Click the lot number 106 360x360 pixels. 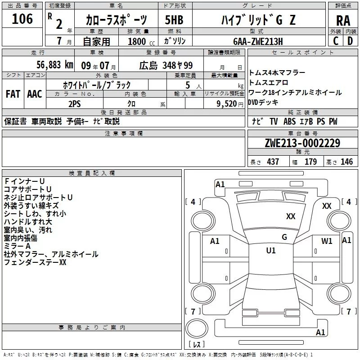click(x=22, y=18)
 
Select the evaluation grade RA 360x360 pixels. click(x=343, y=21)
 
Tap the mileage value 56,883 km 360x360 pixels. click(x=55, y=65)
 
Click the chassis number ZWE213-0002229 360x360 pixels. click(x=302, y=143)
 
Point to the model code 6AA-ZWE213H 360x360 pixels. click(x=258, y=41)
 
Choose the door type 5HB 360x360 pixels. click(x=174, y=20)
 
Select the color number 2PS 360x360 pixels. click(x=75, y=104)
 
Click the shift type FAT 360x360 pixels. click(x=13, y=94)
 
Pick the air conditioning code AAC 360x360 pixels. click(x=35, y=94)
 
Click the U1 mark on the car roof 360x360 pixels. click(x=271, y=250)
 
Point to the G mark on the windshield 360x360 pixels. click(x=284, y=237)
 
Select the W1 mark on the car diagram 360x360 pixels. click(x=327, y=241)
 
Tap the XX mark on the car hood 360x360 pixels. click(x=291, y=216)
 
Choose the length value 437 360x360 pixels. click(x=273, y=162)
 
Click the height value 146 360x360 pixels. click(x=346, y=162)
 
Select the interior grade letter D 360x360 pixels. click(x=350, y=41)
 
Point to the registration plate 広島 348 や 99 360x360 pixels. click(x=166, y=65)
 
